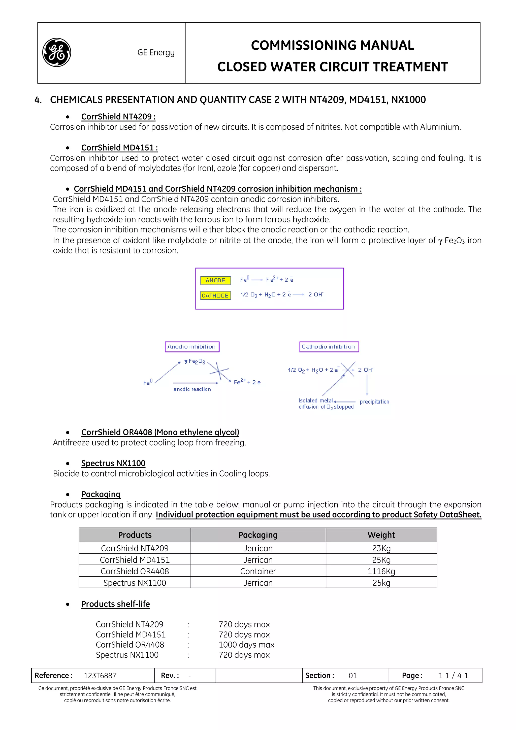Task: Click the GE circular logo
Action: [57, 52]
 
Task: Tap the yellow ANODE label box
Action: [215, 280]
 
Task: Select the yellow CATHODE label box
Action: [215, 295]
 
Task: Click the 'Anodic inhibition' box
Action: [192, 347]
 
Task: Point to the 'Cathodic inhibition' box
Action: [329, 347]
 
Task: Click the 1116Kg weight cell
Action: [381, 571]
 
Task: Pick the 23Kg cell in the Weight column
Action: [381, 548]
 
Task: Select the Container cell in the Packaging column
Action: [258, 571]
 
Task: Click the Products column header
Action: [135, 535]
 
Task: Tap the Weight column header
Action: [381, 535]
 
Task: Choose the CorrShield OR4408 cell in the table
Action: [135, 571]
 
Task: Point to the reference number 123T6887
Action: [100, 675]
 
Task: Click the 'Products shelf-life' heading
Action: [115, 604]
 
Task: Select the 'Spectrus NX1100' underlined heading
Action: [113, 463]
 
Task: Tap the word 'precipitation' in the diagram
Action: [374, 402]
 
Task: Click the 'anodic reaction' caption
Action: [192, 389]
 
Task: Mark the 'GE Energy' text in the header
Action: [156, 52]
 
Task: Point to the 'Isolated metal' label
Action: [315, 401]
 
